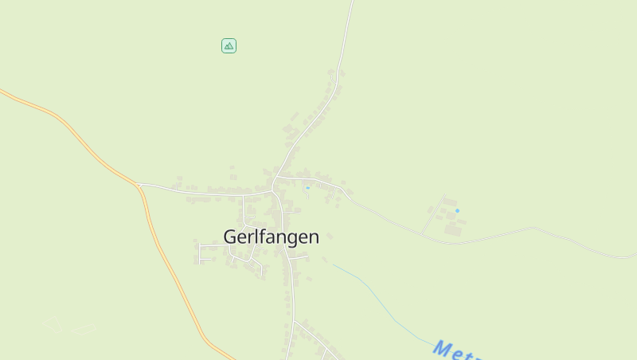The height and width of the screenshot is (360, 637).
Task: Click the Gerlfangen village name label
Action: (271, 237)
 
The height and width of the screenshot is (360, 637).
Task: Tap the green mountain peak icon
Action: (229, 45)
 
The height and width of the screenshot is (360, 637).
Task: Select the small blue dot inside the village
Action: (307, 188)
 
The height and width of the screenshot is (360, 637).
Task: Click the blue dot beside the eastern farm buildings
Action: (457, 210)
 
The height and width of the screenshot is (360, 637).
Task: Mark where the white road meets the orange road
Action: (139, 185)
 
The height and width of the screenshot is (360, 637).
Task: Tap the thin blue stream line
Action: (374, 295)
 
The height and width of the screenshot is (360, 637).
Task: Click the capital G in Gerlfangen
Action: (230, 237)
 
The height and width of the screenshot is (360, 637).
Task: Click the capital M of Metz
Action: (442, 347)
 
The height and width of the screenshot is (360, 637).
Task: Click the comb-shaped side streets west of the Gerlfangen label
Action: (205, 252)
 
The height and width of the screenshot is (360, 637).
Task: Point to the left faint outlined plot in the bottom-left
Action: (52, 324)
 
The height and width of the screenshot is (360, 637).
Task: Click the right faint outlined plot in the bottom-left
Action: (82, 328)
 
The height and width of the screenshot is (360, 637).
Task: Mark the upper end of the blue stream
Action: (334, 265)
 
